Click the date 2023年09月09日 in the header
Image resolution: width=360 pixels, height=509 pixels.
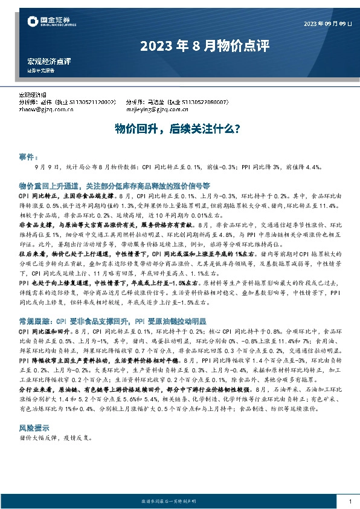pyautogui.click(x=327, y=24)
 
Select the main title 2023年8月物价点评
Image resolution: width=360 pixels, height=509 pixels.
pyautogui.click(x=204, y=45)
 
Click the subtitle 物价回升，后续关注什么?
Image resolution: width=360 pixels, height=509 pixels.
pyautogui.click(x=178, y=128)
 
